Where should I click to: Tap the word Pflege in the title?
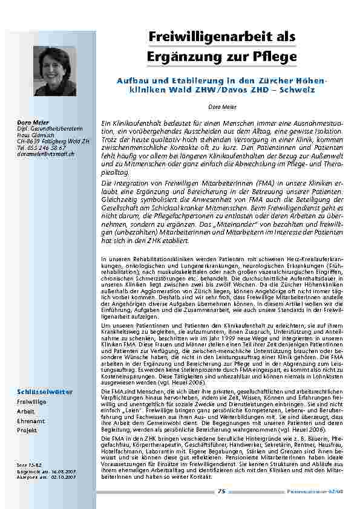[x=276, y=57]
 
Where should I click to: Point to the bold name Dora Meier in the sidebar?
[x=31, y=123]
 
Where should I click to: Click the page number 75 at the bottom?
[x=221, y=492]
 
